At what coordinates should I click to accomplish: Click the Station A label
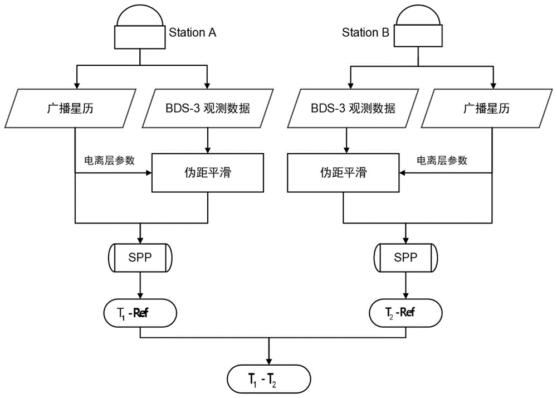pyautogui.click(x=192, y=33)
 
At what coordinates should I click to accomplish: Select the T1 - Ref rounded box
pyautogui.click(x=139, y=314)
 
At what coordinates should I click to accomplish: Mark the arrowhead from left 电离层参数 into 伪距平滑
pyautogui.click(x=149, y=173)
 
